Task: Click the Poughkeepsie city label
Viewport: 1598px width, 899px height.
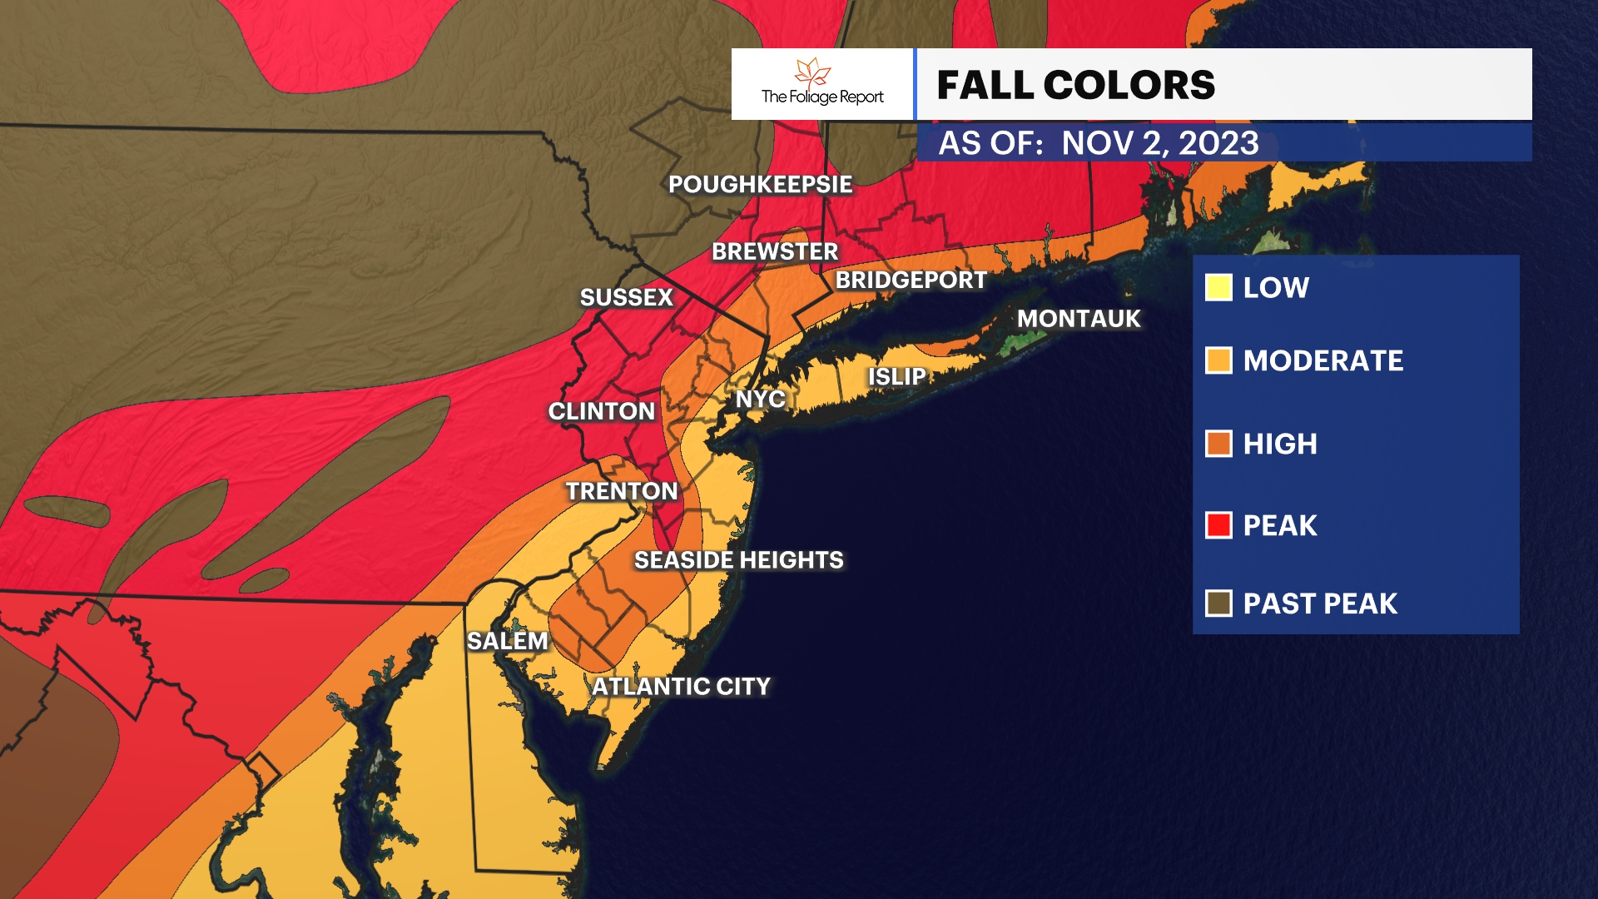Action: (760, 185)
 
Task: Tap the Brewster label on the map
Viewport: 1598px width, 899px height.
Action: (775, 251)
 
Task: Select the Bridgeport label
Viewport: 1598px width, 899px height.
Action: (911, 281)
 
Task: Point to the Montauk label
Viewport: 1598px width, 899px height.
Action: (1079, 319)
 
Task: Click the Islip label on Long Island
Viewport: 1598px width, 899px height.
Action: (896, 377)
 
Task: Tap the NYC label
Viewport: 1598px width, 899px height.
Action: (760, 400)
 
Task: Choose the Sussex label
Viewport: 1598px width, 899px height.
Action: (626, 298)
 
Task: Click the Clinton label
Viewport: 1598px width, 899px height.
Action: (602, 411)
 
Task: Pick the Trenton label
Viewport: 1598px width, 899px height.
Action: (622, 491)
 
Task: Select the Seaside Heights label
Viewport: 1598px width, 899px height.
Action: (738, 560)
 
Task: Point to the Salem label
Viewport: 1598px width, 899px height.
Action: (508, 641)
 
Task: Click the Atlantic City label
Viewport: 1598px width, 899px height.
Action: (681, 687)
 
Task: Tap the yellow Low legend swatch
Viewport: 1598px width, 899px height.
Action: (1218, 288)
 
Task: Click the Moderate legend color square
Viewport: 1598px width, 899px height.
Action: (1218, 360)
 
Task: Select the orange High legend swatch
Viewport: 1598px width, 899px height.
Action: (1218, 444)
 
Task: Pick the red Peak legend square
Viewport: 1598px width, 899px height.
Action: (1218, 525)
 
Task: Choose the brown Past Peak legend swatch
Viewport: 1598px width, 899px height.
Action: (1218, 603)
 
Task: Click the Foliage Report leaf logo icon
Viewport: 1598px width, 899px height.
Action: (813, 72)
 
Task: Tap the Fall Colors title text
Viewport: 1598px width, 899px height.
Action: (1075, 85)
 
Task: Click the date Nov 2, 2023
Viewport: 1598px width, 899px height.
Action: (1160, 143)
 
